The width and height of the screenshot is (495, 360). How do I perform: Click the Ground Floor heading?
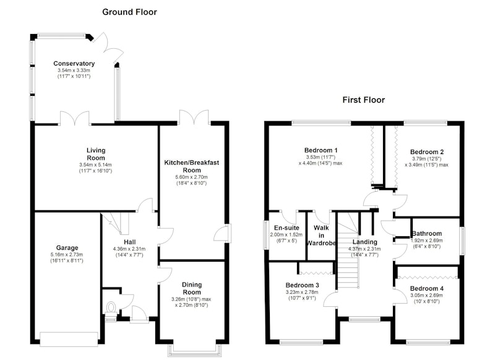point(129,12)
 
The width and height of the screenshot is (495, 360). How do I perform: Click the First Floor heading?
point(364,100)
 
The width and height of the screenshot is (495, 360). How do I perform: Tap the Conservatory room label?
point(74,64)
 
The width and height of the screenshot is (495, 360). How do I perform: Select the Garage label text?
point(67,248)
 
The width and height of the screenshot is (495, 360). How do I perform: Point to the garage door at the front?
point(69,339)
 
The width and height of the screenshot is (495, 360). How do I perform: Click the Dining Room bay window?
point(194,350)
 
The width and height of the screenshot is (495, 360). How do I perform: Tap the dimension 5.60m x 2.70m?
point(191,178)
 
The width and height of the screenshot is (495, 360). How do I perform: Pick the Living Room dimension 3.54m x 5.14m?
point(95,165)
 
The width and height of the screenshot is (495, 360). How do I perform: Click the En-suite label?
point(286,228)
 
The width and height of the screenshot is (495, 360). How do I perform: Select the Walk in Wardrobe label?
point(321,236)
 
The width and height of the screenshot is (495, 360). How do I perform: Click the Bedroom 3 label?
point(302,285)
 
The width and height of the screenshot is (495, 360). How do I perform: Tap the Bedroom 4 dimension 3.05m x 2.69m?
point(426,296)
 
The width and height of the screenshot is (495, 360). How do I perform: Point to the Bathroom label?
point(427,233)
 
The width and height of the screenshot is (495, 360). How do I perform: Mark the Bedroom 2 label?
point(427,152)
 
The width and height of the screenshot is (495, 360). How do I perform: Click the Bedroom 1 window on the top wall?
point(321,122)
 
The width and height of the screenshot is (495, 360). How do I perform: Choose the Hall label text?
point(130,242)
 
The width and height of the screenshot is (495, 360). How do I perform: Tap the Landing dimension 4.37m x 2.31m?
point(364,249)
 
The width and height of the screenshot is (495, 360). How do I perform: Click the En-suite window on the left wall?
point(266,235)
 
